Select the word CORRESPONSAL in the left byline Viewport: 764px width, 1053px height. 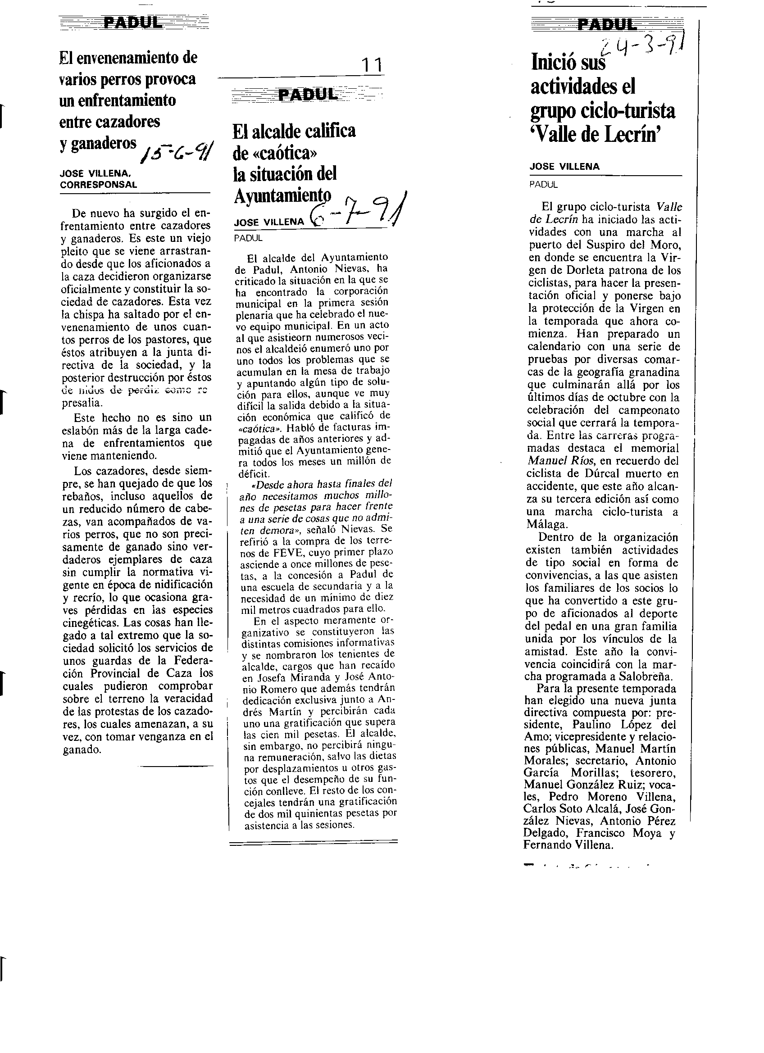(x=99, y=184)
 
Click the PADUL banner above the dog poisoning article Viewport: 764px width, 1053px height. (x=133, y=22)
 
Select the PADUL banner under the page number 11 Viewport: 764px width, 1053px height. (x=308, y=95)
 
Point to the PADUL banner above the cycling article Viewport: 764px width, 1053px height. (x=606, y=24)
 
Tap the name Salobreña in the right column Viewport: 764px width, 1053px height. (x=645, y=676)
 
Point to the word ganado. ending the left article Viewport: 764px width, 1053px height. (x=82, y=749)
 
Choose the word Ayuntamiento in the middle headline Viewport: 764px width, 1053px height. (x=282, y=195)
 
